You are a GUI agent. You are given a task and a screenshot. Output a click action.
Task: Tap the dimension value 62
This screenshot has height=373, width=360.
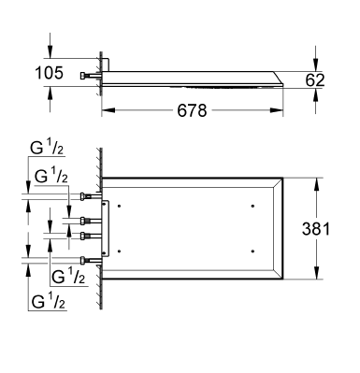click(315, 80)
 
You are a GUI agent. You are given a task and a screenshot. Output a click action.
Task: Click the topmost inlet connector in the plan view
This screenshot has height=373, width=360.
click(87, 196)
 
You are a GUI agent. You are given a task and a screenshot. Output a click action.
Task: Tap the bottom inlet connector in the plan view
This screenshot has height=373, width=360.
click(87, 260)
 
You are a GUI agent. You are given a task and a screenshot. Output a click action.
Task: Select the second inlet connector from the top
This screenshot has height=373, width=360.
click(87, 220)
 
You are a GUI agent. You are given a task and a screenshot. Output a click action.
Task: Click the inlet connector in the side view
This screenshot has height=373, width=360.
click(86, 73)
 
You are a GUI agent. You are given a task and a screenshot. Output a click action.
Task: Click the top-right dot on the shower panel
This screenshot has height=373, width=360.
click(253, 205)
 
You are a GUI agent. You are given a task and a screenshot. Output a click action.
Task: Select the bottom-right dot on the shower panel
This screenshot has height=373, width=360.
click(253, 251)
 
